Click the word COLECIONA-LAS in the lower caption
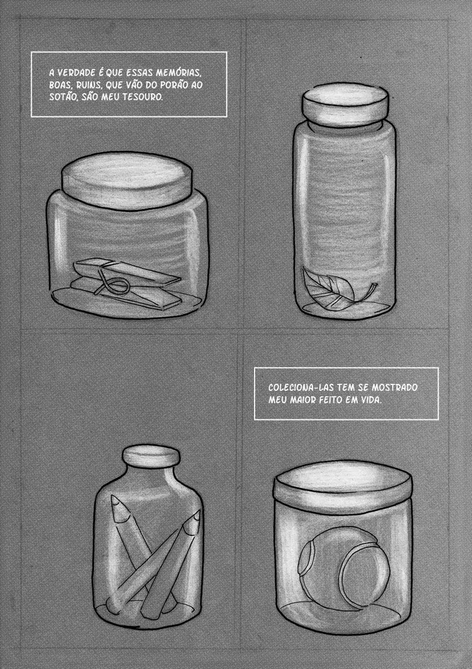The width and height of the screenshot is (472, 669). [x=301, y=387]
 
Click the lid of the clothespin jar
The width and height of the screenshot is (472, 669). [x=127, y=181]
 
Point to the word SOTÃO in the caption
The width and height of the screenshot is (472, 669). [x=60, y=97]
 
